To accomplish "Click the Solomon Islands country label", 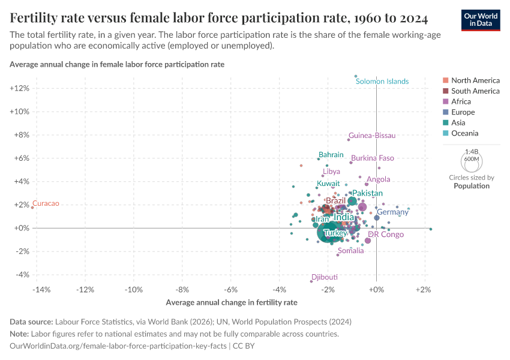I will (x=382, y=82).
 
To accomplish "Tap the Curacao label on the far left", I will (x=46, y=204).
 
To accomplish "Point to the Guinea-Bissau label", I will (x=372, y=136).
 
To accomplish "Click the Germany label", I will (x=392, y=212).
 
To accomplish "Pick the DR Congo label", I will (x=386, y=235).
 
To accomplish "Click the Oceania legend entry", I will (x=464, y=133).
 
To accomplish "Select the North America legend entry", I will (x=475, y=80).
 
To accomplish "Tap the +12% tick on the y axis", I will (x=19, y=88).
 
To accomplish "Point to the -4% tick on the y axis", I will (x=22, y=275).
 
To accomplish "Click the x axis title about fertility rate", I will (x=232, y=302).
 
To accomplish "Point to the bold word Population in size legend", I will (x=471, y=186).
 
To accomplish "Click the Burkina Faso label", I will (x=373, y=158).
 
